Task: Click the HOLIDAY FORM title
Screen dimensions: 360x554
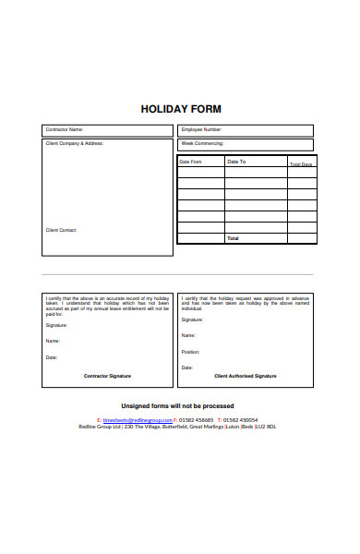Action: click(181, 108)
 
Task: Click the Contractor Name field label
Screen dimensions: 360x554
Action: click(65, 130)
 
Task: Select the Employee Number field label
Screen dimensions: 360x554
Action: click(202, 130)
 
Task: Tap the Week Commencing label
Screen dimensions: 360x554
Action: click(201, 144)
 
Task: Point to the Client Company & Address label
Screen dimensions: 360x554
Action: click(75, 144)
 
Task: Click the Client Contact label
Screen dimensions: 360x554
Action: click(62, 229)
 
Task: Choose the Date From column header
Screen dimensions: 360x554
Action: click(191, 162)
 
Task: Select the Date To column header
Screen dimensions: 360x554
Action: click(236, 162)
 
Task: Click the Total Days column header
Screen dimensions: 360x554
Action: click(301, 163)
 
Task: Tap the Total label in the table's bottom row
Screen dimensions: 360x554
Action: click(233, 238)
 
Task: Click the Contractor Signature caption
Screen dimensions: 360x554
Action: click(108, 376)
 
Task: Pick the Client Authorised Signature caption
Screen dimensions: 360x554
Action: click(246, 376)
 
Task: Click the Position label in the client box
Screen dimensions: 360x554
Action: click(190, 352)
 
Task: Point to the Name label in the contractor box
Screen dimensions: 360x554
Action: click(53, 341)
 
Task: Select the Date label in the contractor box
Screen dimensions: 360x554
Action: click(52, 357)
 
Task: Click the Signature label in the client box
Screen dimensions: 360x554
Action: click(193, 319)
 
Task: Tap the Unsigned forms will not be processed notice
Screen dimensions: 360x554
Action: click(178, 406)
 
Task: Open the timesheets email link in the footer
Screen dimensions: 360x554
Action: click(138, 419)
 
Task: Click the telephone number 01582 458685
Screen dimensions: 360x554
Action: click(197, 419)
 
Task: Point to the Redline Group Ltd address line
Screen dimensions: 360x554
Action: click(178, 427)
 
